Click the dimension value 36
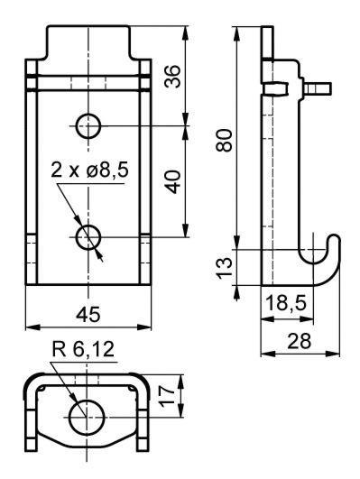pos(172,77)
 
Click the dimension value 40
pos(174,181)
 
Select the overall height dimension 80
pos(224,140)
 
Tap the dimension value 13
pos(225,268)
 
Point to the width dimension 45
pos(88,314)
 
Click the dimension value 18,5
pos(286,303)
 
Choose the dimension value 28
pos(300,341)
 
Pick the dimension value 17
pos(167,396)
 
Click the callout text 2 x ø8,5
pos(89,170)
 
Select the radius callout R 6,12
pos(83,349)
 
